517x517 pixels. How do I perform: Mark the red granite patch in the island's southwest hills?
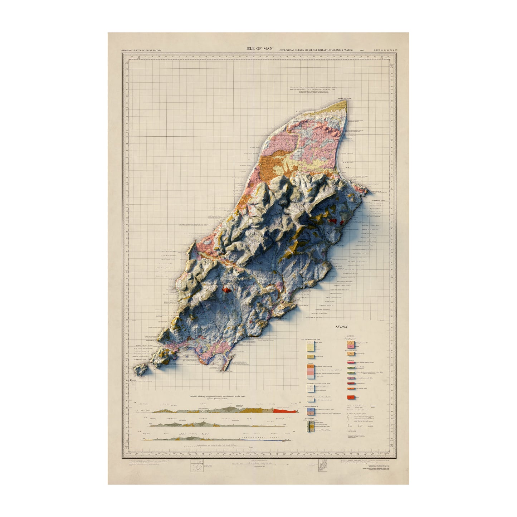[x=226, y=289]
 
